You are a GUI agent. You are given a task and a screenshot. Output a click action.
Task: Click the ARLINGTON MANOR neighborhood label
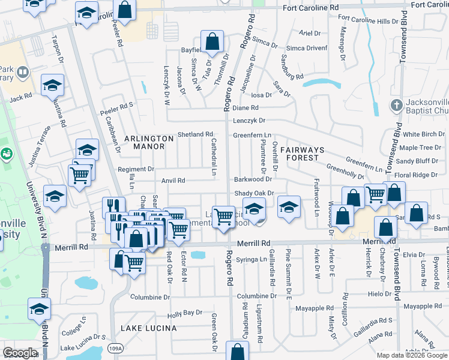click(144, 142)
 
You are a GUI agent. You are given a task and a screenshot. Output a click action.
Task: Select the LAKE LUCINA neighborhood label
click(148, 328)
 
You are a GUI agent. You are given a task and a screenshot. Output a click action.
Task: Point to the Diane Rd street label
click(245, 108)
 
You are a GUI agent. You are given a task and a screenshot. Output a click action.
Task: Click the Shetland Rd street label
click(195, 134)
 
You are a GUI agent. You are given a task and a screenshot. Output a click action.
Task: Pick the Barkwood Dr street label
click(253, 179)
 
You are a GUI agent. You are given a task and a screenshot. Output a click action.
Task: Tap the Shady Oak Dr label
click(253, 193)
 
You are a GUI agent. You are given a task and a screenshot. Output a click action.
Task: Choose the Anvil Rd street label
click(173, 181)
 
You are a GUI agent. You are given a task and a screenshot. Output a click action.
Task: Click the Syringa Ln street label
click(251, 259)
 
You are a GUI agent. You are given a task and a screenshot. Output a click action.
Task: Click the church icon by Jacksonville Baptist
click(396, 106)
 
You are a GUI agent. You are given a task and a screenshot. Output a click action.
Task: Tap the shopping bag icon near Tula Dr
click(212, 41)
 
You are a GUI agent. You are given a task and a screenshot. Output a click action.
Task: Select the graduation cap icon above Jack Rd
click(53, 85)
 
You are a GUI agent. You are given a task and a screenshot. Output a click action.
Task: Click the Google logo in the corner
click(20, 353)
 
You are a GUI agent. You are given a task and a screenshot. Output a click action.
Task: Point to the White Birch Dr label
click(423, 134)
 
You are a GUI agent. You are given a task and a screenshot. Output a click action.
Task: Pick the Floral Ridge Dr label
click(423, 175)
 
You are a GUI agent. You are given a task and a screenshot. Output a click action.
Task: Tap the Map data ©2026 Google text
click(412, 355)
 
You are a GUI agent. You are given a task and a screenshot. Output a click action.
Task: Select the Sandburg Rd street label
click(292, 67)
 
